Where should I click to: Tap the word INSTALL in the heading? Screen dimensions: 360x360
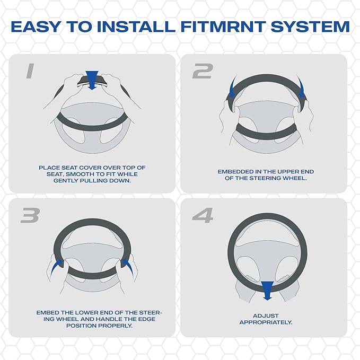coord(136,27)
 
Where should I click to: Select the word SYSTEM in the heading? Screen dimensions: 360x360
coord(310,27)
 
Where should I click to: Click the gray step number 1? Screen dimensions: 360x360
coord(30,71)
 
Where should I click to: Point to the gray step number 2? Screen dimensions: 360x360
coord(203,71)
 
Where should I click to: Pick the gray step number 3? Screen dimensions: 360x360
coord(30,215)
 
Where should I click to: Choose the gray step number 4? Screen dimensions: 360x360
coord(203,215)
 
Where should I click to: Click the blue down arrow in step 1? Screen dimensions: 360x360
coord(92,80)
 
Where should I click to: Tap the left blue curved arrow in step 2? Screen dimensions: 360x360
coord(233,87)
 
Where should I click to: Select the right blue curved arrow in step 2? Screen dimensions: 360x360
coord(301,87)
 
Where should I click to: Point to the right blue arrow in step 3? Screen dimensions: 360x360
coord(128,267)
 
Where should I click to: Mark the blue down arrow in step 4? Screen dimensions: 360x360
coord(267,291)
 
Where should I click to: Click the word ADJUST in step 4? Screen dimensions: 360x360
coord(266,315)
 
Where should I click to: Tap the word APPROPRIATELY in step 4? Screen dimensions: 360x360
coord(266,322)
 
